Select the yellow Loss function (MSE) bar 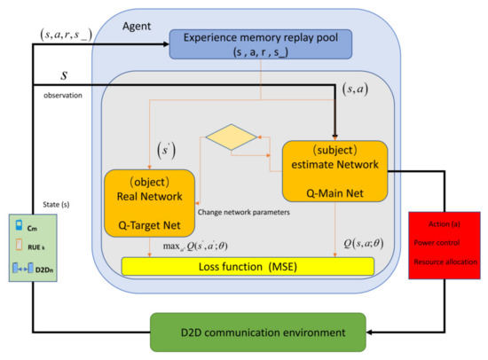point(248,265)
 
